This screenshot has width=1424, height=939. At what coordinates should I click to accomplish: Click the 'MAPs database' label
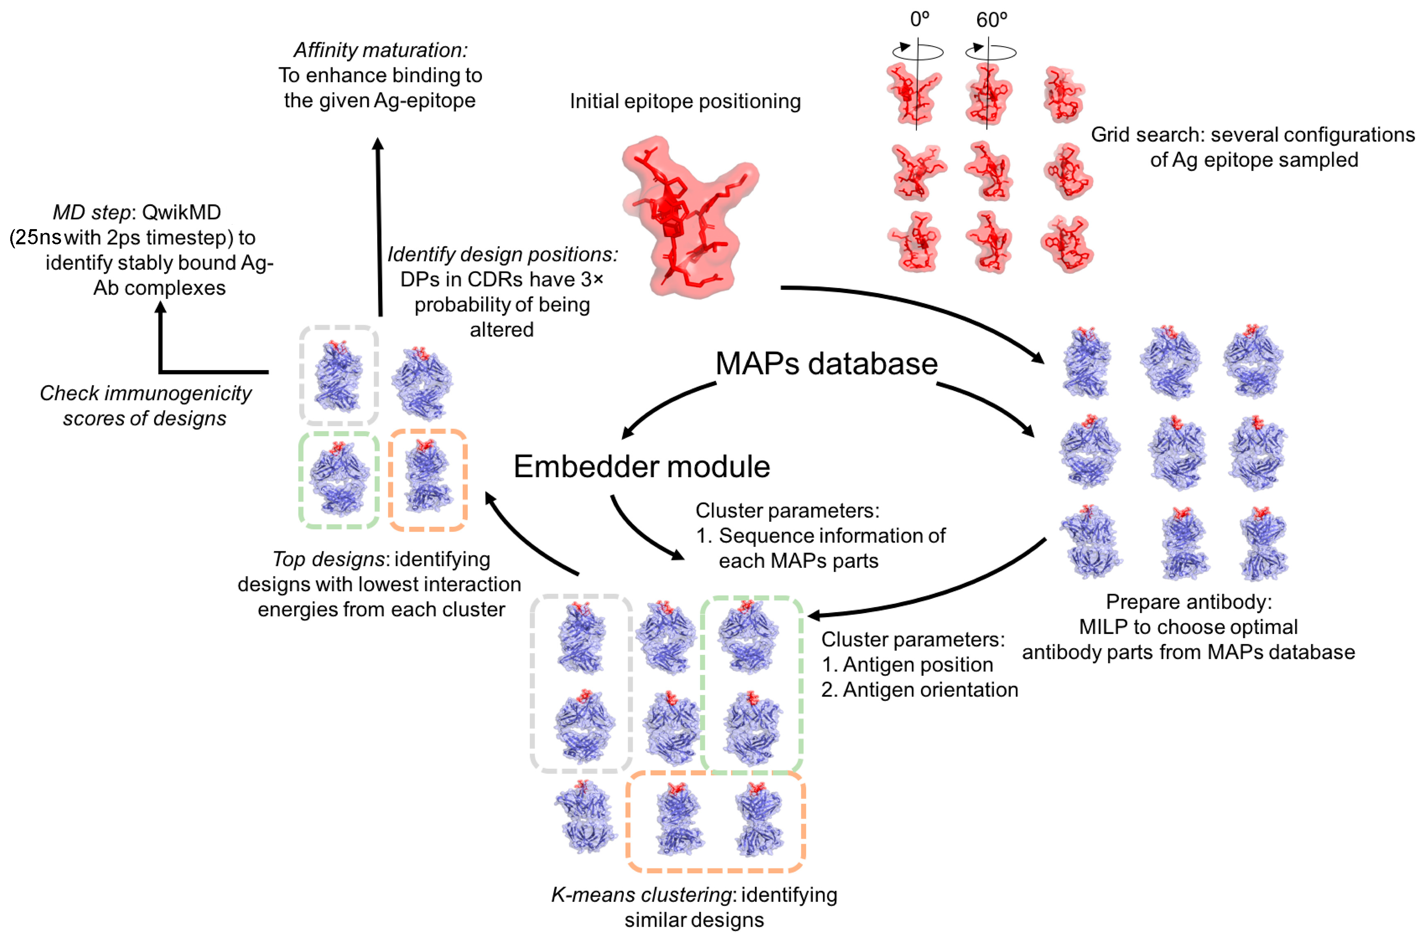pos(826,364)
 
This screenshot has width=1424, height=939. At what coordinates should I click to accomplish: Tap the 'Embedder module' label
pos(641,466)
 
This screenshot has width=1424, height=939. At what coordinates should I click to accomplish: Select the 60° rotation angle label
pos(991,20)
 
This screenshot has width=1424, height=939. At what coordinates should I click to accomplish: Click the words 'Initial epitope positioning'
pos(685,101)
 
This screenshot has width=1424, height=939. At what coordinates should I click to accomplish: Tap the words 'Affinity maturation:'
pos(380,50)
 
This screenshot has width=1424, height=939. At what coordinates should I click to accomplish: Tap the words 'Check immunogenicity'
pos(146,393)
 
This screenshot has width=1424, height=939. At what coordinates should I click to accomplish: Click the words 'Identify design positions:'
pos(503,255)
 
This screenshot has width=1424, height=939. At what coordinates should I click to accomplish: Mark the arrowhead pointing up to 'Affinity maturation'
pos(378,144)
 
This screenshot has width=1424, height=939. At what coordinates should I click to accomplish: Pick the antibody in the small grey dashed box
pos(339,376)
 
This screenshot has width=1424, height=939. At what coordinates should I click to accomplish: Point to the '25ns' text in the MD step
pos(38,238)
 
